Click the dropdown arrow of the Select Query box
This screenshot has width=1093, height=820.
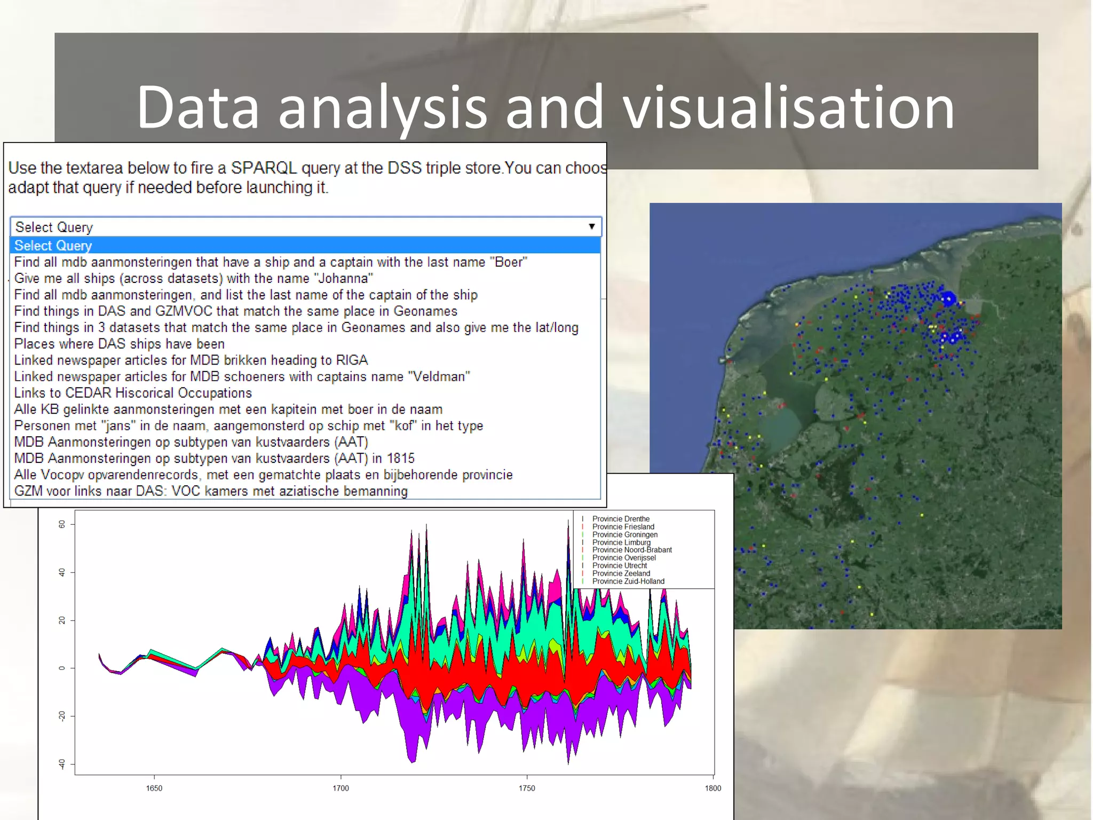591,226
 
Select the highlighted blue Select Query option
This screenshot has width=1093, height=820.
53,246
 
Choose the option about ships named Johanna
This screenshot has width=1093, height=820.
193,279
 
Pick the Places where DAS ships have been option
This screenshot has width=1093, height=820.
119,344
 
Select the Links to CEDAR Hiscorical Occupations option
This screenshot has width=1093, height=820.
133,393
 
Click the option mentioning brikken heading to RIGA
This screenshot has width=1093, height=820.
191,360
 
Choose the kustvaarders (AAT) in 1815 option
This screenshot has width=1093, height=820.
214,459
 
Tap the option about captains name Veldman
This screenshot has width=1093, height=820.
242,377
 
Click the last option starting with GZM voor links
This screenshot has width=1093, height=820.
211,491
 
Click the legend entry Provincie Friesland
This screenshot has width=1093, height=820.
623,527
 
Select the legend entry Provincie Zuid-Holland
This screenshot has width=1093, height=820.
628,581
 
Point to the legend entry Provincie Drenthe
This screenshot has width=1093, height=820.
621,519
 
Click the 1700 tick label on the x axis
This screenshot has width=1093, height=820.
340,788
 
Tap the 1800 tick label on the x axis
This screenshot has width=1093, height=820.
712,788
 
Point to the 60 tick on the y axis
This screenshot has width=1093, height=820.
62,524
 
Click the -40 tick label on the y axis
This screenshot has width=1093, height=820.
62,764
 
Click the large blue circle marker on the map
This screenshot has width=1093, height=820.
948,299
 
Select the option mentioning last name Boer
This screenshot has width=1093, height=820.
270,262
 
